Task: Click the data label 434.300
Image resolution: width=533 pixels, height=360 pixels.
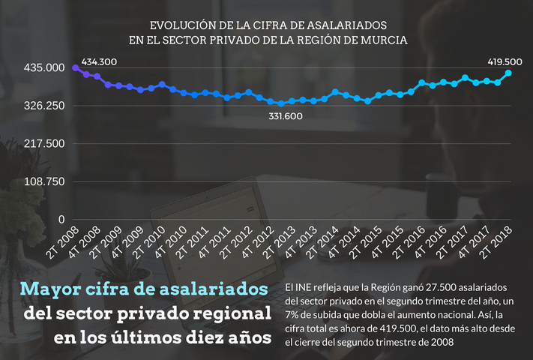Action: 99,61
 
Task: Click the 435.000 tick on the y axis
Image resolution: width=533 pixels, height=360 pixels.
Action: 44,68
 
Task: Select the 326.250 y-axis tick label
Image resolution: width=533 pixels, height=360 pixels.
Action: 44,106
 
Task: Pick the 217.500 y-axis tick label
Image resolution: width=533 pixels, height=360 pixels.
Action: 44,144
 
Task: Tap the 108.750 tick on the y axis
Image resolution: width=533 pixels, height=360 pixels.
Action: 44,181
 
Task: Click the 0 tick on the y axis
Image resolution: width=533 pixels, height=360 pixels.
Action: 61,220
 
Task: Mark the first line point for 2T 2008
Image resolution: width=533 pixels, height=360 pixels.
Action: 75,68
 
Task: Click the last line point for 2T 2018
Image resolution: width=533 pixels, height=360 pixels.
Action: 509,73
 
